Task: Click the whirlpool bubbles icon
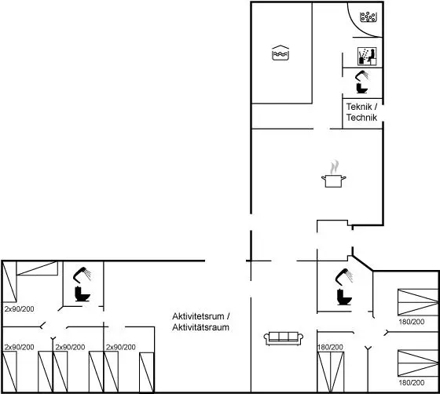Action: point(368,16)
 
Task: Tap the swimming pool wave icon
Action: point(280,53)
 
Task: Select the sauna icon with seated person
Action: point(367,57)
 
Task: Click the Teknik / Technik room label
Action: point(361,111)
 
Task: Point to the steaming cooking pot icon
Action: point(333,173)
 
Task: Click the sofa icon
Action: point(284,338)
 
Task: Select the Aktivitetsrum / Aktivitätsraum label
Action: point(201,322)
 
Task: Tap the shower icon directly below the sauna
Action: point(362,75)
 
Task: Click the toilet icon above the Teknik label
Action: point(361,88)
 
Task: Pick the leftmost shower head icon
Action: point(82,275)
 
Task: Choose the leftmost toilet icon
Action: point(82,294)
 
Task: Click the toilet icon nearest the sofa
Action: point(344,297)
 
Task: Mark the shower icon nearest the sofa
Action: point(344,277)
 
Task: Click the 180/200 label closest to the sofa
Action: point(330,347)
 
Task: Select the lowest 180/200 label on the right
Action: point(412,382)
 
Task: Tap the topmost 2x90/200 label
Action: point(20,308)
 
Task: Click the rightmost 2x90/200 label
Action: point(121,347)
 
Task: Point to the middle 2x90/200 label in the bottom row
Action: point(70,347)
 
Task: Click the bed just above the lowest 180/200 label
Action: point(418,363)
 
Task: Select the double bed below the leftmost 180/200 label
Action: point(331,372)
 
